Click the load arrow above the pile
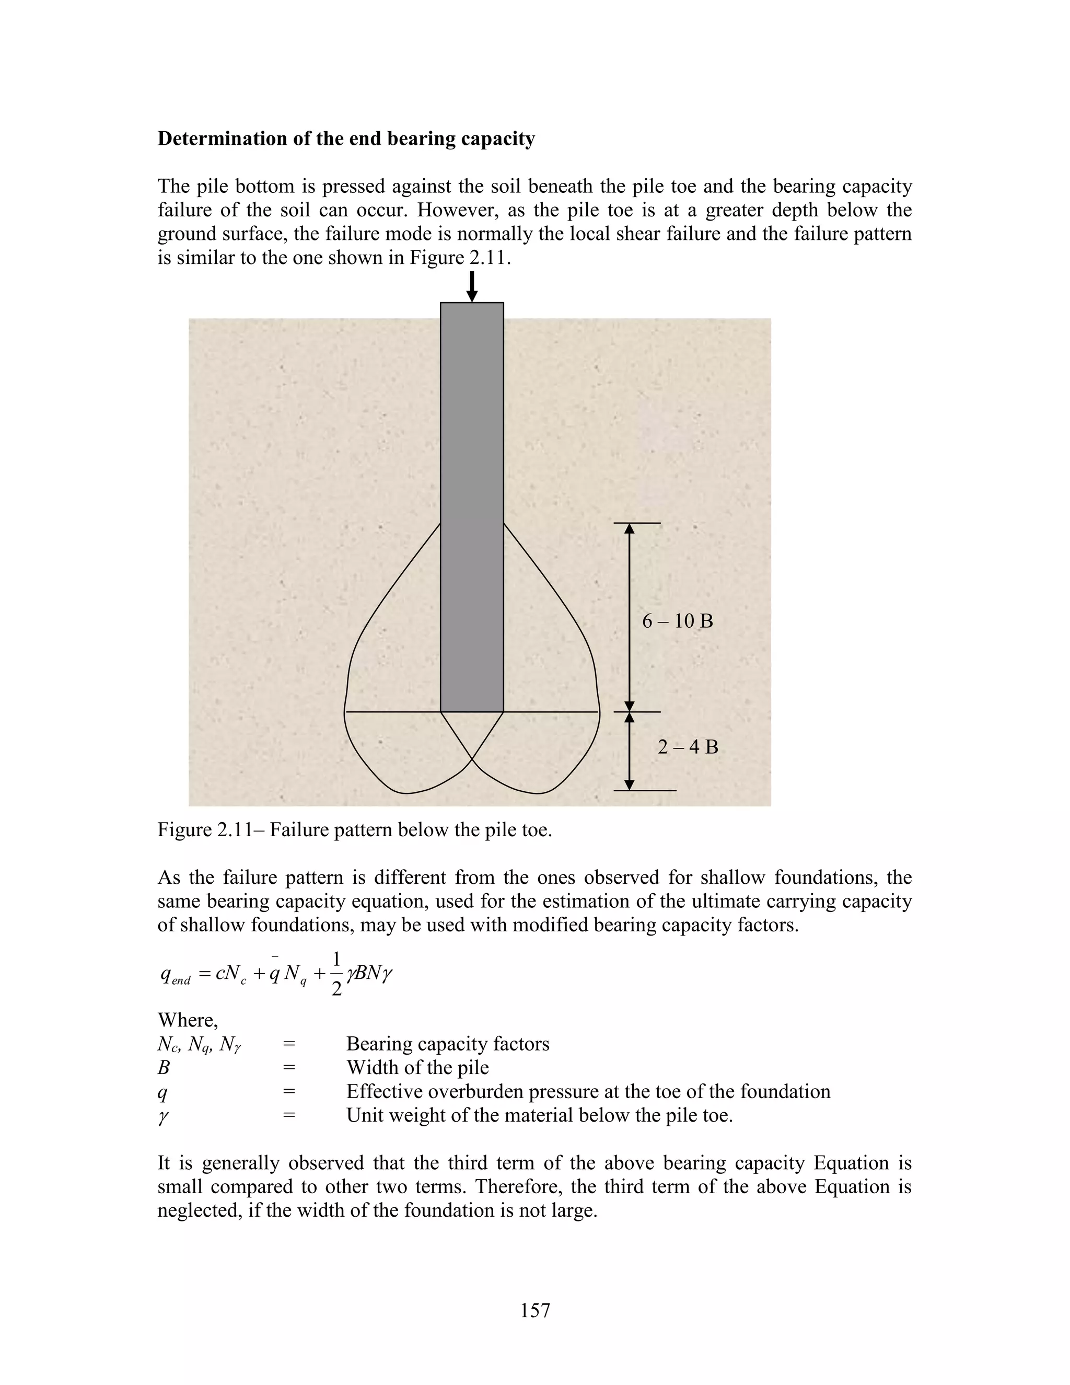point(472,286)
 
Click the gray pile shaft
point(472,507)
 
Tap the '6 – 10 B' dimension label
point(677,621)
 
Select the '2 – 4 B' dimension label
point(688,747)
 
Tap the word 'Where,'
point(188,1020)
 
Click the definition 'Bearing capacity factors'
point(448,1044)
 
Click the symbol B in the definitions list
point(164,1068)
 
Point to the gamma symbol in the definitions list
point(163,1117)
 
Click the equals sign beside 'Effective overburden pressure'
point(289,1091)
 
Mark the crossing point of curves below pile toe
point(472,758)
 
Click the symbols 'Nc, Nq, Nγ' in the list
point(199,1044)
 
